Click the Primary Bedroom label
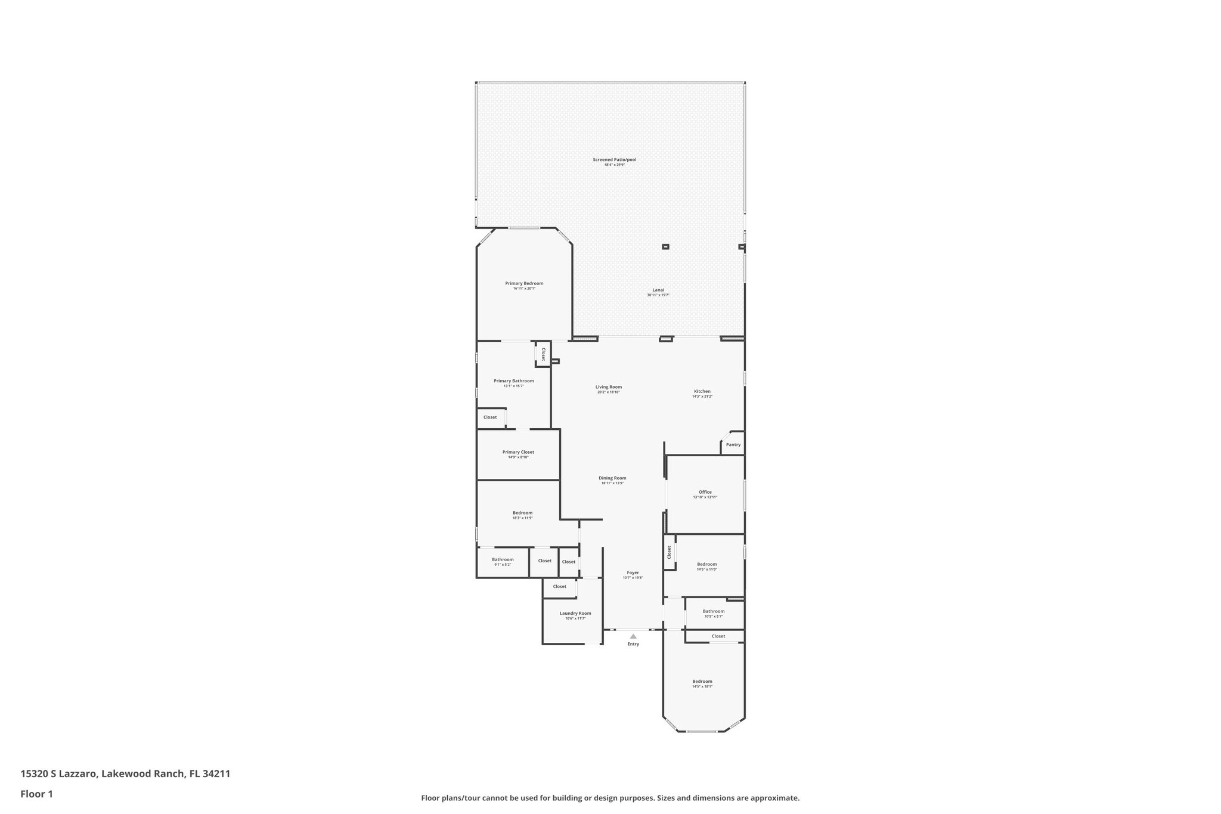click(x=524, y=284)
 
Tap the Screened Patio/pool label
click(x=614, y=160)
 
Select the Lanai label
click(x=658, y=290)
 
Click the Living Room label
click(x=608, y=387)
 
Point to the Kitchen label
click(x=702, y=392)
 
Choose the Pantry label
click(x=733, y=445)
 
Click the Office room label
click(x=705, y=493)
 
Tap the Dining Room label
click(x=612, y=478)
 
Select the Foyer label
click(x=633, y=573)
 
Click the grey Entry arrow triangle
click(x=633, y=636)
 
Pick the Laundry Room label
click(x=575, y=614)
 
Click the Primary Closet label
click(x=518, y=452)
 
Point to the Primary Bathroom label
click(x=513, y=381)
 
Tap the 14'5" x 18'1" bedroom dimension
click(x=702, y=686)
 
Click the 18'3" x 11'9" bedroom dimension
click(x=522, y=518)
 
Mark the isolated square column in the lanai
click(x=665, y=246)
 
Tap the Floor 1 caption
click(x=36, y=794)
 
